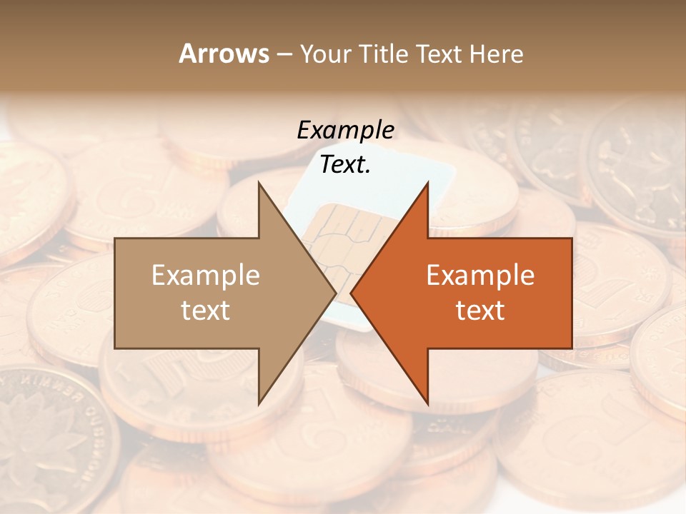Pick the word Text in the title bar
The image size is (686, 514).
click(437, 54)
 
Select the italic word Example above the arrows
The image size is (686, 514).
click(345, 131)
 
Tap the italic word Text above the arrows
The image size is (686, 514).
click(343, 165)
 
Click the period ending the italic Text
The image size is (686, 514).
click(368, 172)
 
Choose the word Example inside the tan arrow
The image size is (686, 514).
click(206, 276)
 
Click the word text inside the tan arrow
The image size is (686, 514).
click(206, 311)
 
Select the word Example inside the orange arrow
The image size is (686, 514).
click(480, 276)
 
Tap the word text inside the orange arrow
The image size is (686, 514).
click(480, 311)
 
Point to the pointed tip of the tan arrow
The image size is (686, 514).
click(336, 293)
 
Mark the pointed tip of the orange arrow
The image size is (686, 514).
click(351, 293)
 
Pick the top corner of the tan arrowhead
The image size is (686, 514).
click(259, 183)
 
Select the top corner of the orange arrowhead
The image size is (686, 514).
click(427, 183)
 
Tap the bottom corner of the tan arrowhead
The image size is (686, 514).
click(259, 404)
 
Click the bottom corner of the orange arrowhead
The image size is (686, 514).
click(427, 404)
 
